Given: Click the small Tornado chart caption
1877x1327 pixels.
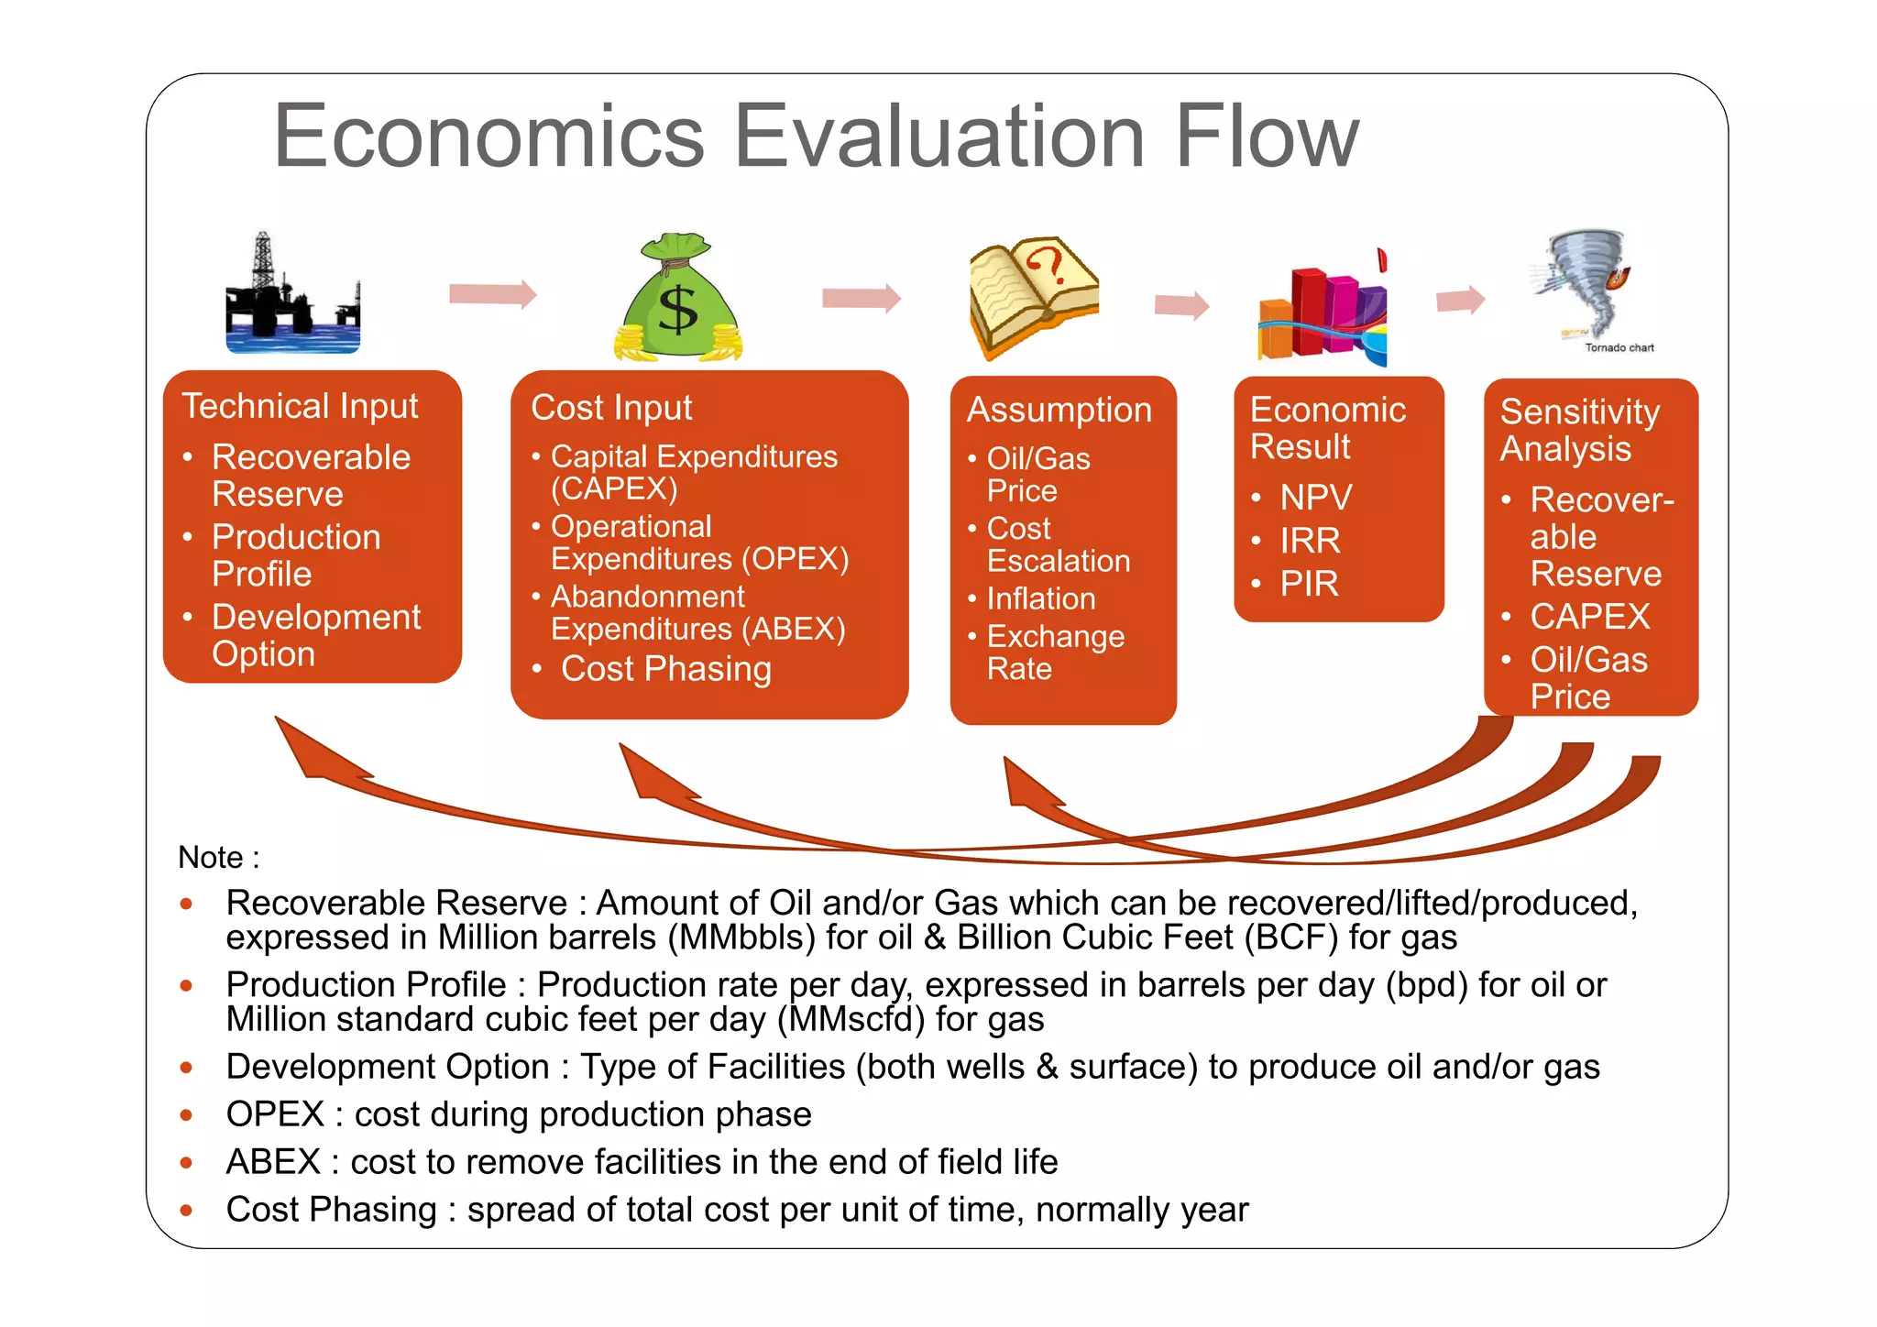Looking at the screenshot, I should point(1619,348).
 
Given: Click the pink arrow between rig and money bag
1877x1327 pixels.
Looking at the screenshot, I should point(492,294).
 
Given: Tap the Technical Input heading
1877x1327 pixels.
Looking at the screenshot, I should point(300,406).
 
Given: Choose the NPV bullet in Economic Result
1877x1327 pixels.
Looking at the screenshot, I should point(1315,498).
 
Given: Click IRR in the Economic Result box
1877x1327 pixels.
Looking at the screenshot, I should point(1310,541).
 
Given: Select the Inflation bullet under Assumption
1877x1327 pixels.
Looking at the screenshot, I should point(1040,598).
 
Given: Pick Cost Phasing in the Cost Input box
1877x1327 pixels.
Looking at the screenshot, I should point(665,669).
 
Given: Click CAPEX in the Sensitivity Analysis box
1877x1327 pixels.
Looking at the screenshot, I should point(1589,617).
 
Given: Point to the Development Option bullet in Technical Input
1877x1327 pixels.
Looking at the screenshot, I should point(315,635).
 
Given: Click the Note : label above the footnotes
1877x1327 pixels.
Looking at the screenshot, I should point(218,858).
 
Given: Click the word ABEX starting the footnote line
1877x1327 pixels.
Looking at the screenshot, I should point(273,1162).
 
